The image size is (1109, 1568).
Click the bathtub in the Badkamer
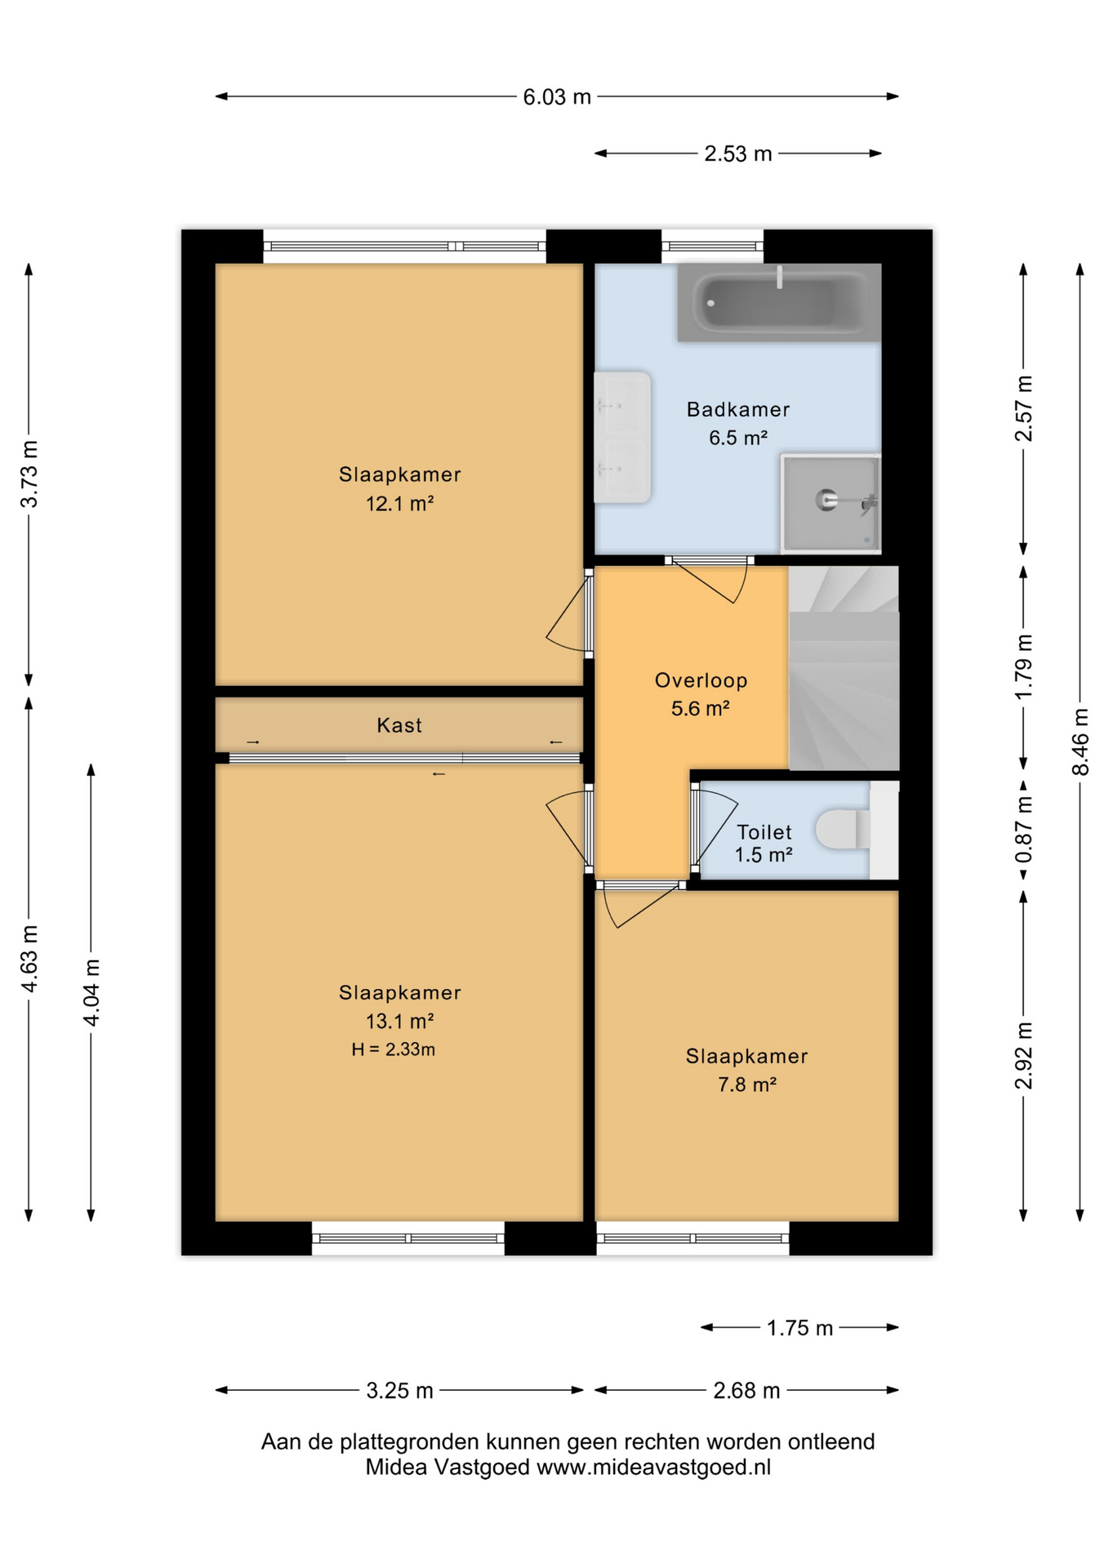[x=779, y=302]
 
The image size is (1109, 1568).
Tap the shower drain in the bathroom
[x=826, y=499]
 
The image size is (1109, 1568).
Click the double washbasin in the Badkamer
[x=622, y=437]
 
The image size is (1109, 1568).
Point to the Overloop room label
[x=701, y=680]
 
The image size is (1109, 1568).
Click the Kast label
[x=399, y=725]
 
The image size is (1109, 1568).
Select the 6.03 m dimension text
[x=557, y=97]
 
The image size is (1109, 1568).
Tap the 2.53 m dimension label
[x=738, y=154]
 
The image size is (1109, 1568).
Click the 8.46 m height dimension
[x=1080, y=742]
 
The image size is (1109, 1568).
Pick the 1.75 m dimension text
[x=799, y=1328]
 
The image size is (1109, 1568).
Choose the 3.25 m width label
[x=399, y=1391]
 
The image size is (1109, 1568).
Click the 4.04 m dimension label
[x=91, y=993]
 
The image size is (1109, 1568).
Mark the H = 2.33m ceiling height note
[x=393, y=1049]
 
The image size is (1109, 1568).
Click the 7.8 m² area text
[x=746, y=1085]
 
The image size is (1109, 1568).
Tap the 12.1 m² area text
[x=399, y=504]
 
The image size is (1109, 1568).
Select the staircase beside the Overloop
[x=844, y=668]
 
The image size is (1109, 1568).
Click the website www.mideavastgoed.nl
[x=653, y=1468]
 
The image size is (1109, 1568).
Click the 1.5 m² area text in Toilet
[x=764, y=855]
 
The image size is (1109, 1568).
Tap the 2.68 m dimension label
[x=746, y=1391]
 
